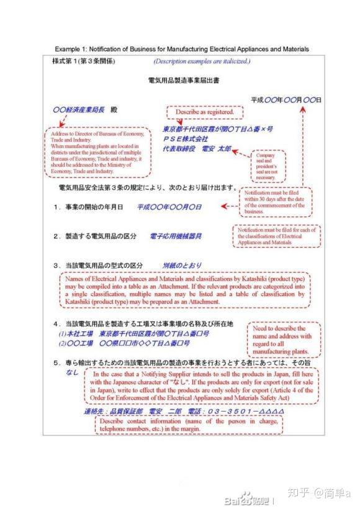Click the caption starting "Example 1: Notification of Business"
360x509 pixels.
181,49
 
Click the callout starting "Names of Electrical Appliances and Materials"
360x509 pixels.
184,289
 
